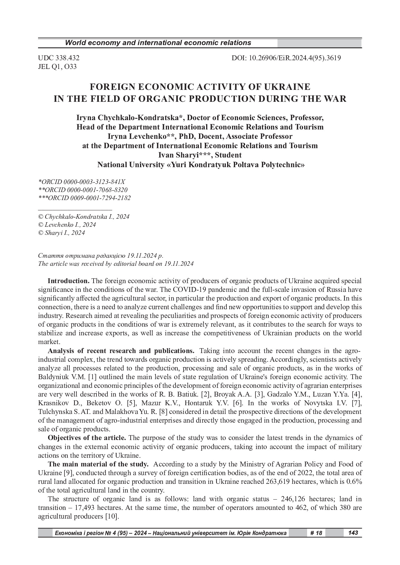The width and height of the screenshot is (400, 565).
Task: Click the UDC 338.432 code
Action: click(59, 58)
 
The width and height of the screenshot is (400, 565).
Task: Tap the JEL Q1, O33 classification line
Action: click(57, 67)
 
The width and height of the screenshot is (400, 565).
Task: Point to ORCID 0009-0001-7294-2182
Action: click(85, 198)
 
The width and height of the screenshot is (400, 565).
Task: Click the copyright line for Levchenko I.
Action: click(67, 225)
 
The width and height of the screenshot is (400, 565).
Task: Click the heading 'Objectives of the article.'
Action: click(87, 438)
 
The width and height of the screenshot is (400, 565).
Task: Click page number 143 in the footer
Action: click(353, 533)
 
